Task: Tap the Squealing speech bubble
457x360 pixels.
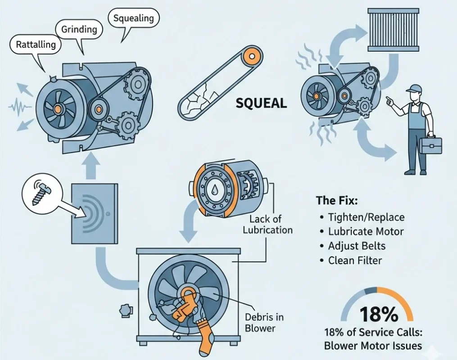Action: (133, 18)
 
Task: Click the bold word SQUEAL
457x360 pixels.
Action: (261, 103)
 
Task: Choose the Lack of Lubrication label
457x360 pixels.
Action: (267, 224)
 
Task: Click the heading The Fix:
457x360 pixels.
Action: (337, 200)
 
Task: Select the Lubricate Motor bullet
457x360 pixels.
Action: (366, 232)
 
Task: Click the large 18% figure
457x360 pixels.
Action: (378, 315)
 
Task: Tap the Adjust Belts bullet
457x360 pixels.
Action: (357, 246)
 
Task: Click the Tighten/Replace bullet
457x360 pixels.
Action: (367, 217)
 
